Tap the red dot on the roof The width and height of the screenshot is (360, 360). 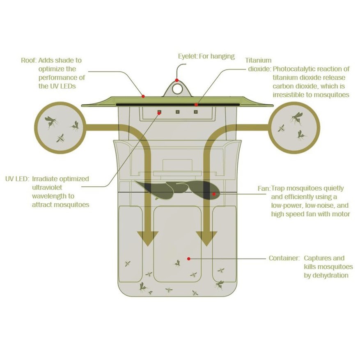143,96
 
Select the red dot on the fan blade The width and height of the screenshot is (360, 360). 214,194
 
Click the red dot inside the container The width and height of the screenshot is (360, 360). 189,259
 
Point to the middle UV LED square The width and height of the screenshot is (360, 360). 177,112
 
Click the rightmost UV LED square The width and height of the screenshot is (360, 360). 196,112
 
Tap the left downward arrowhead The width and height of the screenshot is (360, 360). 148,238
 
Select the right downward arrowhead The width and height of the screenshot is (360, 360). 206,238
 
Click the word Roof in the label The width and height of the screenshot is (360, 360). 29,60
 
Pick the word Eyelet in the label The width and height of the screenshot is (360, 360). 188,57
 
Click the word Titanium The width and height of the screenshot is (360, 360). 258,60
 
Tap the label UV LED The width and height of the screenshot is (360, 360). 17,179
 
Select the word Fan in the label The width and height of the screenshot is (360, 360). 264,189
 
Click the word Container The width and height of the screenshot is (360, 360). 284,258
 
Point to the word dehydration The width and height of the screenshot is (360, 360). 326,275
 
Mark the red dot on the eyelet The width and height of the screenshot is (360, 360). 177,80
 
